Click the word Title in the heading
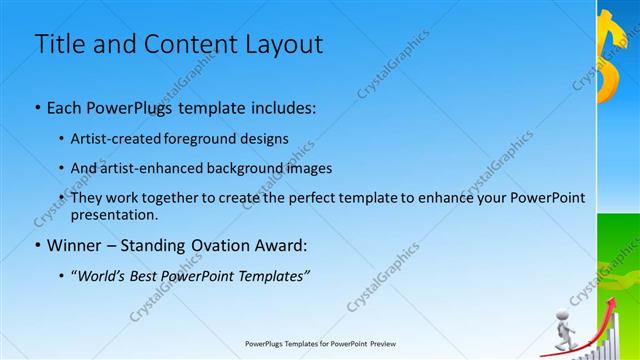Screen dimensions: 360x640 [60, 45]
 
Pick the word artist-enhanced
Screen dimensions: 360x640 [147, 168]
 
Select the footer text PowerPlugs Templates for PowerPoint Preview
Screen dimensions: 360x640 [320, 344]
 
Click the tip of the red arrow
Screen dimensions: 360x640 [611, 297]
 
